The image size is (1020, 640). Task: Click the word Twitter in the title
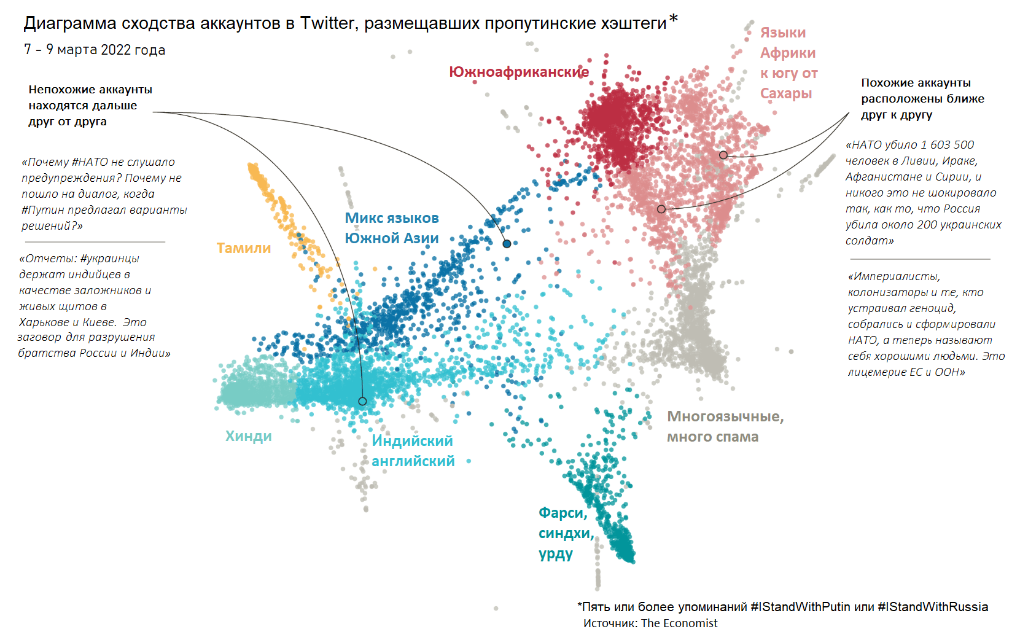[x=327, y=23]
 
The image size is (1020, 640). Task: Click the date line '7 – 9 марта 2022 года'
[x=95, y=50]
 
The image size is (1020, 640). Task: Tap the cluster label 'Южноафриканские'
[x=518, y=72]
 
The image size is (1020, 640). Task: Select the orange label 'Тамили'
[x=243, y=248]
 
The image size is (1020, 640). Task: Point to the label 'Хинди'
[x=248, y=436]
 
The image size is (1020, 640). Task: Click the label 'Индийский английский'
[x=413, y=451]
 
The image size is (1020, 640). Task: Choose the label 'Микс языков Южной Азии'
[x=391, y=228]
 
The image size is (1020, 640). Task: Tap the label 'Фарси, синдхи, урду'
[x=565, y=533]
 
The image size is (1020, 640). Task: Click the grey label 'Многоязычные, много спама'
[x=725, y=426]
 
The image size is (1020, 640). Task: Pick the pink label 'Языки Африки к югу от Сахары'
[x=788, y=63]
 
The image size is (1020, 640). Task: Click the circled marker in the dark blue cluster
[x=507, y=244]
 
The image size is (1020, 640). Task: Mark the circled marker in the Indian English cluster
[x=362, y=401]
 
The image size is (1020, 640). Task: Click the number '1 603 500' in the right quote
[x=947, y=145]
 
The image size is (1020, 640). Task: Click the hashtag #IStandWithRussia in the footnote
[x=933, y=607]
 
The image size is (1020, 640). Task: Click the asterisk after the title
[x=674, y=19]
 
